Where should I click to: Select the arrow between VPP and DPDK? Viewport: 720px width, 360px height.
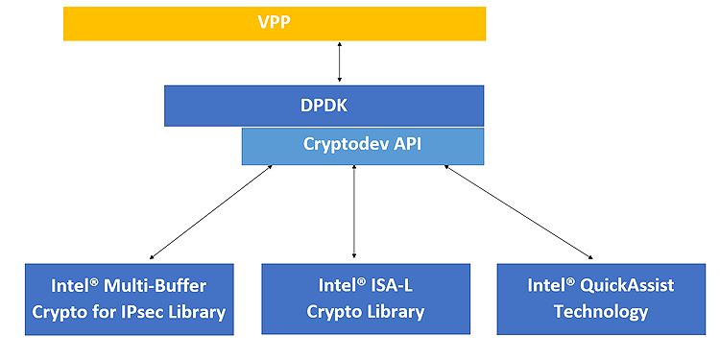(338, 63)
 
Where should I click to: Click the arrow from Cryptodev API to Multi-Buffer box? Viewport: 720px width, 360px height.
(211, 212)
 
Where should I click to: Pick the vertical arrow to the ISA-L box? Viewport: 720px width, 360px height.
(355, 212)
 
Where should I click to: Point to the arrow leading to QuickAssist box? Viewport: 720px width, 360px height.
(518, 212)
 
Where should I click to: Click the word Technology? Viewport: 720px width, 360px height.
(600, 312)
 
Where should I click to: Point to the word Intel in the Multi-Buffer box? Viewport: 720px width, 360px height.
(73, 286)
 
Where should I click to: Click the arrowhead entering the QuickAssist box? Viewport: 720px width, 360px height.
(589, 257)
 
